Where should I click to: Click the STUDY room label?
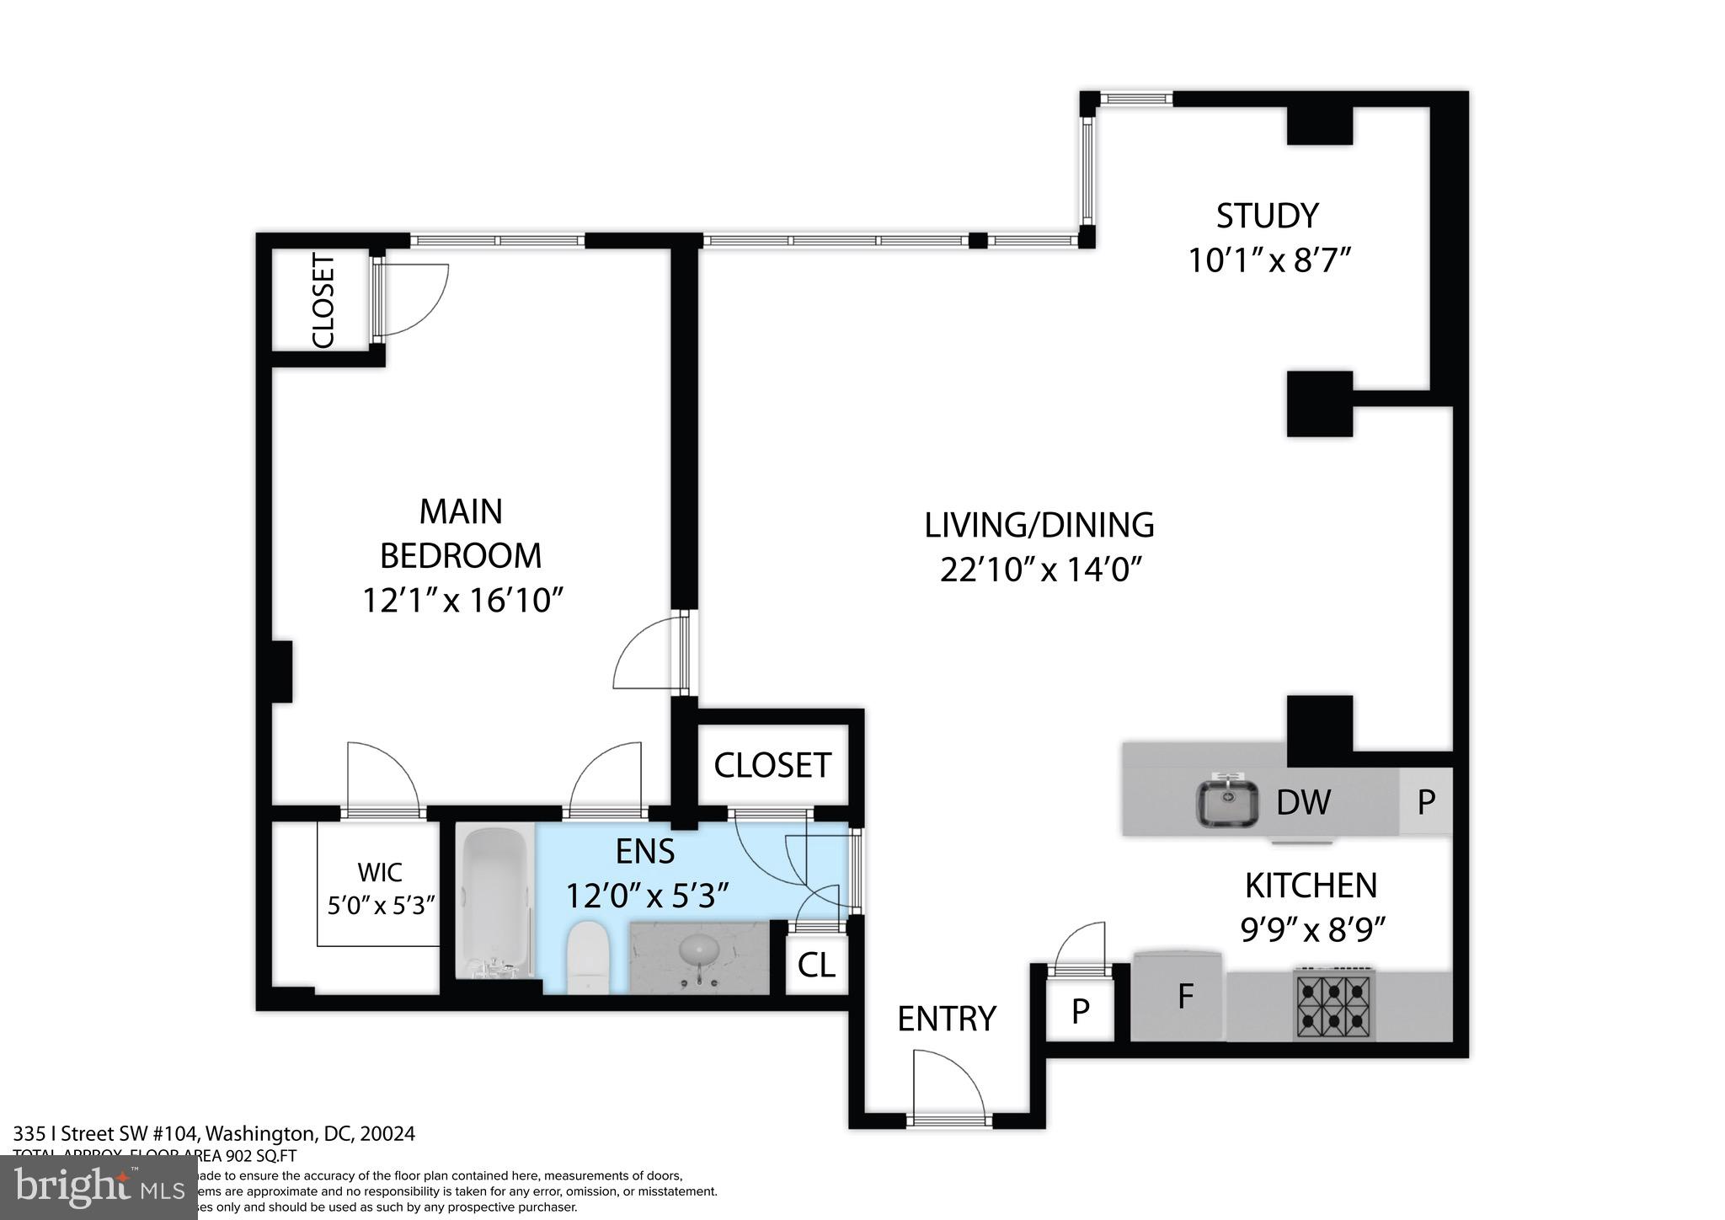(1267, 217)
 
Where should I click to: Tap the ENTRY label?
(947, 1019)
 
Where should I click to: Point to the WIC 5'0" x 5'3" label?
(380, 888)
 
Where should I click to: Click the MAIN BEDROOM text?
(461, 533)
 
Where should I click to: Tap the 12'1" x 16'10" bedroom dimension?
(462, 601)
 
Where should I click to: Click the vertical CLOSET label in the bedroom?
(323, 301)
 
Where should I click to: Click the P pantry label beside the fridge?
(1080, 1010)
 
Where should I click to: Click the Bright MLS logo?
(99, 1188)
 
